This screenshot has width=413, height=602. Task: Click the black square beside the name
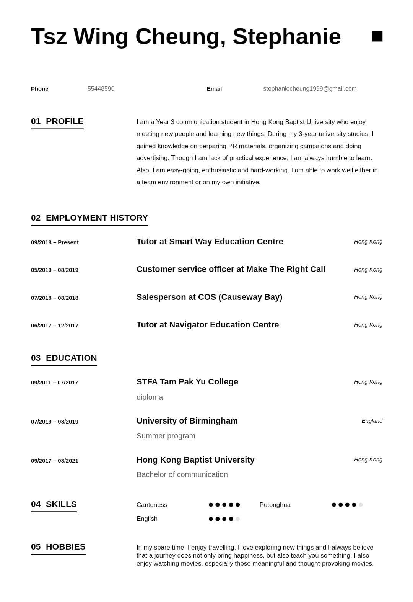[x=377, y=36]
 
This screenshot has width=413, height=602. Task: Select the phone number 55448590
[x=101, y=89]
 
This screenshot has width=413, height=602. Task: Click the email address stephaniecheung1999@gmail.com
[x=310, y=89]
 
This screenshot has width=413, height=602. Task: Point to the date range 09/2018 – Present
[x=55, y=242]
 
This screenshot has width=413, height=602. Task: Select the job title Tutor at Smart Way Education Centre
[x=210, y=242]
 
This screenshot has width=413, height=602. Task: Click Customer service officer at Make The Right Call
[x=231, y=269]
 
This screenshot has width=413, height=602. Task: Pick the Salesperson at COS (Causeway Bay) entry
[x=209, y=297]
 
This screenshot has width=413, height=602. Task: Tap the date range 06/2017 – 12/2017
[x=55, y=326]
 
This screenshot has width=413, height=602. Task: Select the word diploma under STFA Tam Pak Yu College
[x=150, y=398]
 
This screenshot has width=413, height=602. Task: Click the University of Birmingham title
[x=187, y=421]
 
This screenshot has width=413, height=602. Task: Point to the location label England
[x=372, y=421]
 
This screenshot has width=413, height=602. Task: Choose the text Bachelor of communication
[x=182, y=475]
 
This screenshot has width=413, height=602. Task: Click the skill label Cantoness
[x=152, y=505]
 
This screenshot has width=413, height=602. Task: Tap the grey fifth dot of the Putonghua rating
[x=361, y=505]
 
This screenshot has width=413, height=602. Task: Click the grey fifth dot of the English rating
[x=237, y=519]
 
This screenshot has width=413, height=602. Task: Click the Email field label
[x=214, y=89]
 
